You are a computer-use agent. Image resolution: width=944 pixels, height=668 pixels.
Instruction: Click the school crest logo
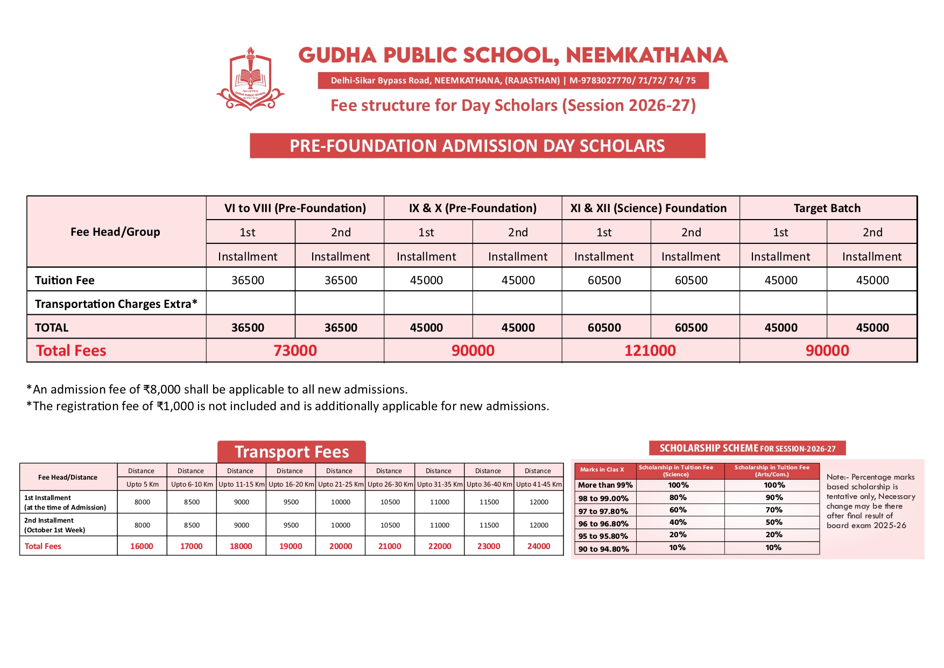pyautogui.click(x=250, y=79)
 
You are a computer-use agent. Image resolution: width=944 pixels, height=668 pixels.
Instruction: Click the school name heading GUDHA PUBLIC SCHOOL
pyautogui.click(x=512, y=55)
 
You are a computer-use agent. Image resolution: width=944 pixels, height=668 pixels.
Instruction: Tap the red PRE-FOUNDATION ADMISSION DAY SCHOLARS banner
pyautogui.click(x=477, y=146)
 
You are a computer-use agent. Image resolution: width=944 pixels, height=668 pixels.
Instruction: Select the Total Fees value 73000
pyautogui.click(x=295, y=350)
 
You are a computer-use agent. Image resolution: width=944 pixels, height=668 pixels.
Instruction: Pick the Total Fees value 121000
pyautogui.click(x=650, y=350)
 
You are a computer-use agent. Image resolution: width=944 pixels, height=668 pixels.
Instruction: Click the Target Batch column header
pyautogui.click(x=827, y=208)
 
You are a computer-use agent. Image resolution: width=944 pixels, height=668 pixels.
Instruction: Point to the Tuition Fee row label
pyautogui.click(x=65, y=280)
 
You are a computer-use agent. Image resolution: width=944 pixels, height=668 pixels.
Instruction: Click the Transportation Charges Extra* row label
pyautogui.click(x=116, y=304)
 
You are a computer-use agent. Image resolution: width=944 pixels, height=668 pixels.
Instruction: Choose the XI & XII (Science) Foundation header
pyautogui.click(x=649, y=208)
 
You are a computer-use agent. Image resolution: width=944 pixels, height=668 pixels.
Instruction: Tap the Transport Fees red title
pyautogui.click(x=292, y=452)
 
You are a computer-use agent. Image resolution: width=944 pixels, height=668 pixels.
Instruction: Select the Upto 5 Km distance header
pyautogui.click(x=143, y=484)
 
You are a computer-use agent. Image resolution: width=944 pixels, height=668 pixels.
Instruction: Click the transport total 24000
pyautogui.click(x=539, y=546)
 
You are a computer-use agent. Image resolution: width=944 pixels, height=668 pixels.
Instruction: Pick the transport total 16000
pyautogui.click(x=142, y=546)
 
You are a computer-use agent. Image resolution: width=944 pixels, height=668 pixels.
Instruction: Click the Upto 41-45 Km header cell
pyautogui.click(x=539, y=484)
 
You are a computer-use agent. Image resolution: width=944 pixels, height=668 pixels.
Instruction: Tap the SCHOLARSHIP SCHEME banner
pyautogui.click(x=747, y=448)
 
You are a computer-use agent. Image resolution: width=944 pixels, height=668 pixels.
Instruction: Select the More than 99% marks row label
pyautogui.click(x=605, y=485)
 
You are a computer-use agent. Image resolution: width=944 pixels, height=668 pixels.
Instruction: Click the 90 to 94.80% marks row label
pyautogui.click(x=603, y=549)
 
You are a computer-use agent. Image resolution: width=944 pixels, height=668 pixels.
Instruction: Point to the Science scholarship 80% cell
pyautogui.click(x=678, y=497)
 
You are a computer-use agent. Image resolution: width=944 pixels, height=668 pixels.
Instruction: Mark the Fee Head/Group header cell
pyautogui.click(x=115, y=232)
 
